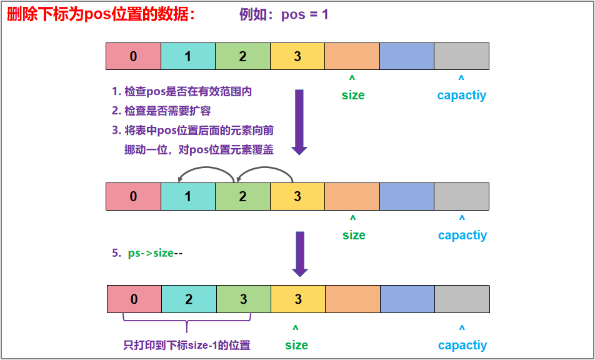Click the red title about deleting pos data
pos(101,14)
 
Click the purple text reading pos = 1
pos(284,14)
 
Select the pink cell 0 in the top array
pos(133,56)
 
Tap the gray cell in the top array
pos(461,56)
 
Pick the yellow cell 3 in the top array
pos(297,56)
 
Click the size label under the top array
pos(353,95)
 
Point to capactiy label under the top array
pos(462,95)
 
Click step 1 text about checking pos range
pos(182,91)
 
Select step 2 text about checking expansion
pos(161,111)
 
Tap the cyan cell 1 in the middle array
pos(187,196)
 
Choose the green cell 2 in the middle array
pos(242,196)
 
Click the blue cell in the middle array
pos(406,196)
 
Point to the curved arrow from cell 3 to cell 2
pos(264,170)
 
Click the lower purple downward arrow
pos(300,253)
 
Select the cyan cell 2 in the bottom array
pos(189,299)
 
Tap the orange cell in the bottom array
pos(353,299)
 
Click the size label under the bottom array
pos(296,345)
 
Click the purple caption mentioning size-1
pos(187,345)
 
